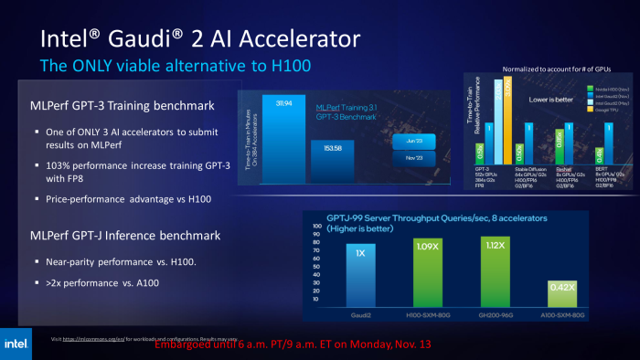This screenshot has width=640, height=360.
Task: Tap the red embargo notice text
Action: point(292,346)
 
